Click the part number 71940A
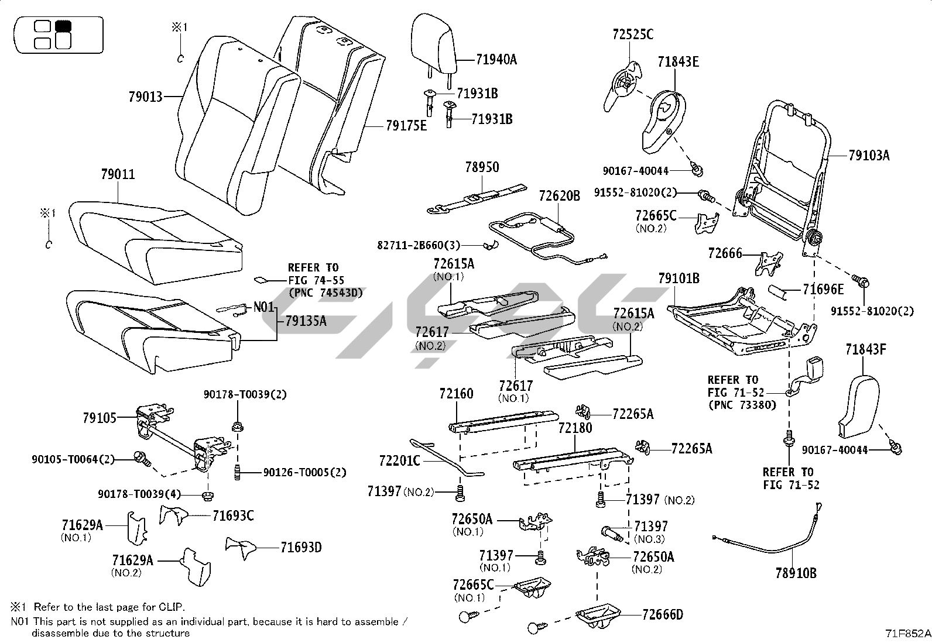tap(496, 59)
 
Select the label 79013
tap(145, 97)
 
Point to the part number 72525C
tap(633, 35)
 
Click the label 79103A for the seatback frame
tap(869, 155)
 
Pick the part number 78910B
tap(796, 573)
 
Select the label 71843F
tap(865, 350)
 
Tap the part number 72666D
tap(662, 614)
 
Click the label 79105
tap(100, 418)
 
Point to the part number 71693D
tap(300, 548)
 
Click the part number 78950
tap(482, 167)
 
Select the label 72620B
tap(559, 196)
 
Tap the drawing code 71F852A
tap(907, 634)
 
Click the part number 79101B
tap(679, 278)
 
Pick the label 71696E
tap(823, 289)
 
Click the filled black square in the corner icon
tap(62, 26)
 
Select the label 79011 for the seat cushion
tap(118, 174)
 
